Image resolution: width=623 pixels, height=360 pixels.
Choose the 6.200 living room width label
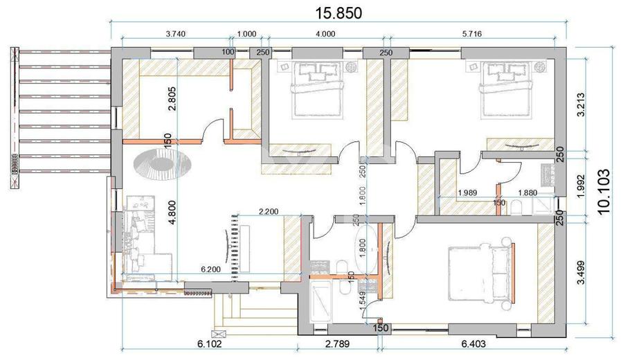coord(212,268)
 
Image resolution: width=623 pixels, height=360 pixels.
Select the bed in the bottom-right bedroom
coord(481,275)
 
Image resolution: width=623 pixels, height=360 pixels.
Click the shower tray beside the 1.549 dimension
coord(323,299)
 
